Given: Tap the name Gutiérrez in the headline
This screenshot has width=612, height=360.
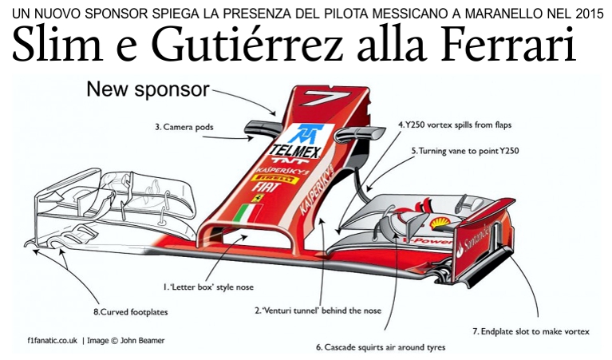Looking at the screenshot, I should [x=226, y=46].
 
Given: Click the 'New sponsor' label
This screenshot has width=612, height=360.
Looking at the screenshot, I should [x=148, y=89].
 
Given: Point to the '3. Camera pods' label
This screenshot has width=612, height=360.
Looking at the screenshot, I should [x=184, y=125].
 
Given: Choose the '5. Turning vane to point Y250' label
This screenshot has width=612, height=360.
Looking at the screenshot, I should [x=463, y=150].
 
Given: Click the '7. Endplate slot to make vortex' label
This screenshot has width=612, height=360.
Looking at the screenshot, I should [x=531, y=329].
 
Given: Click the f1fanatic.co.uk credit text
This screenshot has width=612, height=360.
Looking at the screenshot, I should [x=52, y=340].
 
